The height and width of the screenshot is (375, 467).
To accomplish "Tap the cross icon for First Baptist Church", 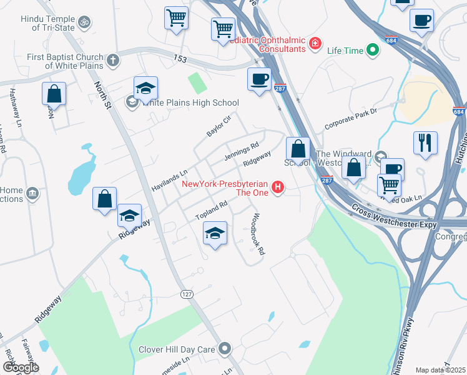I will pos(112,61).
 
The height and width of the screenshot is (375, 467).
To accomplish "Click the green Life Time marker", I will pos(373,49).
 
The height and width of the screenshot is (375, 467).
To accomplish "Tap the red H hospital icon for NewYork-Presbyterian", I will pos(278,187).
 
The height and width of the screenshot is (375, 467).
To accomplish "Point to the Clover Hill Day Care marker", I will pos(225,349).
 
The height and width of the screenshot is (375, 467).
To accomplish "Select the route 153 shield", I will pos(181,59).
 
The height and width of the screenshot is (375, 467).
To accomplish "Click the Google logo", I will pos(20,367).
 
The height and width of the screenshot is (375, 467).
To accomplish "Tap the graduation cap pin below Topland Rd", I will pos(214,234).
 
